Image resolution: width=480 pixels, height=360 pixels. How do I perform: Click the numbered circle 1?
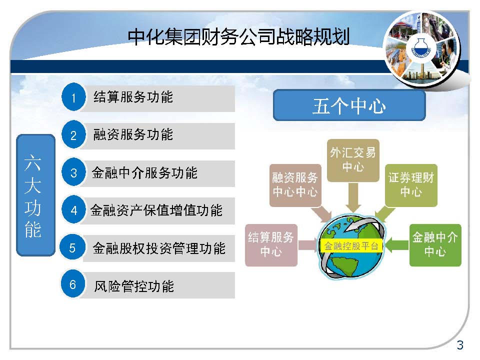73,97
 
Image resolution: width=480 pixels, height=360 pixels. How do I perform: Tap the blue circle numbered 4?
73,209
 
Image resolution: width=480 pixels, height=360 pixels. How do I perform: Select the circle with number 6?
73,284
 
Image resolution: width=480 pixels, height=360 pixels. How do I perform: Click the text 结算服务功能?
133,97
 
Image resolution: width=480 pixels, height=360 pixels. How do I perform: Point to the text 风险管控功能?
134,286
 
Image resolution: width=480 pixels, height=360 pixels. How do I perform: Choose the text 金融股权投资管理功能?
159,248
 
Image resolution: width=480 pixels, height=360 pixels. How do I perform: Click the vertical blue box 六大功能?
35,195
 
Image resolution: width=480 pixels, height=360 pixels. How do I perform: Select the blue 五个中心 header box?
349,105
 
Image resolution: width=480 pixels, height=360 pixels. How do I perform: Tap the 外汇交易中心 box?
353,160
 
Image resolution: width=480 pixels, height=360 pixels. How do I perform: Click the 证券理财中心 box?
411,185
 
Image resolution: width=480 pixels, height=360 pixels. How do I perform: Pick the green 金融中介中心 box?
435,245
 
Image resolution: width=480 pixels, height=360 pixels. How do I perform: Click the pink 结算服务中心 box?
271,245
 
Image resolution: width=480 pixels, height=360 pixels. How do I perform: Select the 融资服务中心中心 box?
295,185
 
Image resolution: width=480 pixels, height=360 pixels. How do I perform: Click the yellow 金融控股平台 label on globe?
351,246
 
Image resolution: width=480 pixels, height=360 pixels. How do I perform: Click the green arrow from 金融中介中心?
396,245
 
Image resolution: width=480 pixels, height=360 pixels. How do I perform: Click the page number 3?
460,345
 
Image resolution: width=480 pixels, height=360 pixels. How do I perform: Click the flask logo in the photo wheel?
421,48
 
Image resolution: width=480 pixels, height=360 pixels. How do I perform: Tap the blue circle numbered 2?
73,134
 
